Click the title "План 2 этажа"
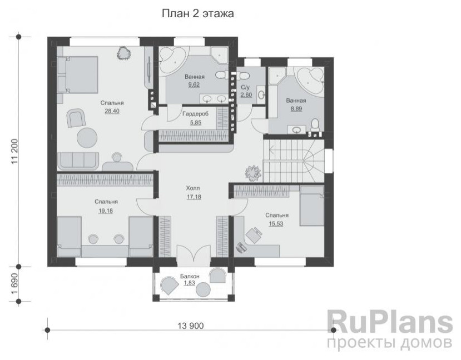(x=198, y=13)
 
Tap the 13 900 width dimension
(x=191, y=326)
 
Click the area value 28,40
(x=112, y=111)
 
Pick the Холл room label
(x=193, y=188)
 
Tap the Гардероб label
(x=196, y=114)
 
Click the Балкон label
(x=190, y=276)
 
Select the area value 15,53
(x=276, y=224)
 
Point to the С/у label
(x=245, y=88)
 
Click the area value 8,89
(x=296, y=109)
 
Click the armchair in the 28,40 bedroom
(x=76, y=117)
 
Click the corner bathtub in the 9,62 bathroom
(x=172, y=60)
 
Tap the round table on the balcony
(x=204, y=289)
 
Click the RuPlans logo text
(x=390, y=322)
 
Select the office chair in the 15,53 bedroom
(x=254, y=235)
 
